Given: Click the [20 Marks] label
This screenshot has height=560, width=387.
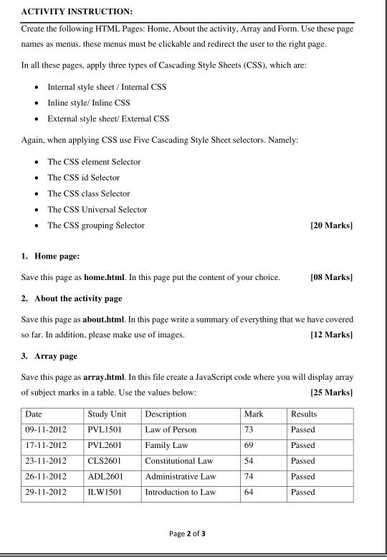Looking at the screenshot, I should point(331,225).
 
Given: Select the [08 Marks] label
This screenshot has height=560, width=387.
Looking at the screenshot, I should point(331,277).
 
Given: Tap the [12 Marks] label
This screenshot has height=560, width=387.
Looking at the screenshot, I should point(331,335).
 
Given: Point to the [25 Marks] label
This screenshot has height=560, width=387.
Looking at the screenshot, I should point(331,393).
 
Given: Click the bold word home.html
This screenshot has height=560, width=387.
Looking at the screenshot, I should point(105,277).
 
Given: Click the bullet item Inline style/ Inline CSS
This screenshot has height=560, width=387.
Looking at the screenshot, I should point(89,103).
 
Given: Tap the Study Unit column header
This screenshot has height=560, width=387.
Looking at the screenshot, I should point(107,414).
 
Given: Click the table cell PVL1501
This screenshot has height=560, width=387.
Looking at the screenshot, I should point(104,429).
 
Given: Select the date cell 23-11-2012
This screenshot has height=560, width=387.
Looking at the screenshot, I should point(45,461).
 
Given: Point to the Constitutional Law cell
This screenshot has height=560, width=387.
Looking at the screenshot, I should point(180,461).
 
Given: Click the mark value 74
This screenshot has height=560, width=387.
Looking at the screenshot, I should point(249,477).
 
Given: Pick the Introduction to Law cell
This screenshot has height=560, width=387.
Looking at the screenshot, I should point(180,493).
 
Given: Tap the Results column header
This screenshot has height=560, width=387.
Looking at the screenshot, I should point(304,414).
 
